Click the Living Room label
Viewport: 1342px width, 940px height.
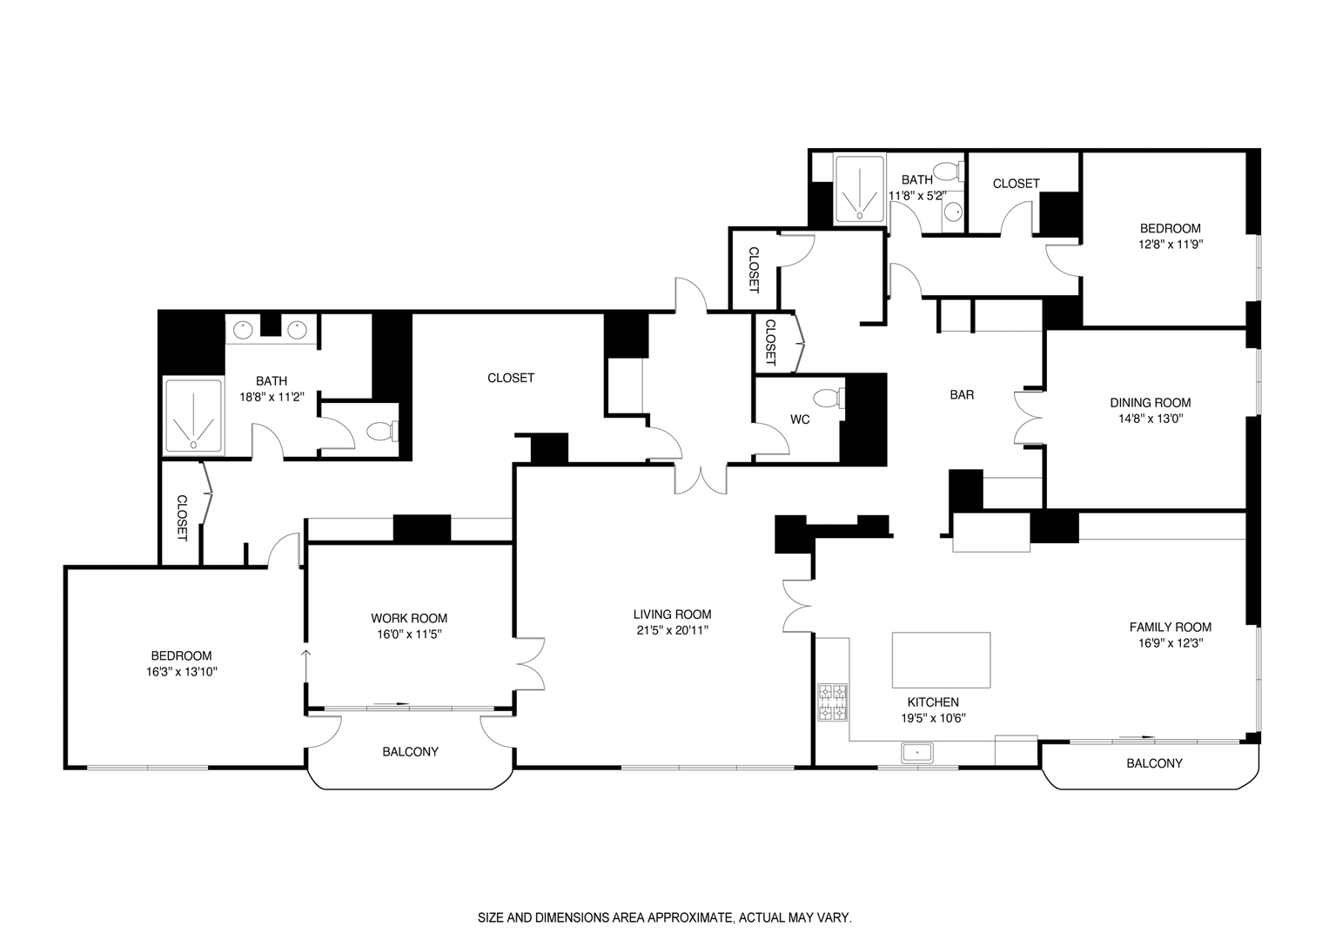(x=672, y=614)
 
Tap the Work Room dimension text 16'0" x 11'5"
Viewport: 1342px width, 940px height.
(x=408, y=634)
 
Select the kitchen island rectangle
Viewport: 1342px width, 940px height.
(x=941, y=660)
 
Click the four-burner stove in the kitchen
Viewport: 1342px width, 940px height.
(x=832, y=702)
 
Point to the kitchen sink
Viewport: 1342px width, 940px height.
(x=916, y=751)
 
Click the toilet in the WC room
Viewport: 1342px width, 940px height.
(x=827, y=399)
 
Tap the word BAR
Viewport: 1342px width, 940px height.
(x=961, y=395)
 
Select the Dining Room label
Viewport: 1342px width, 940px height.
(x=1150, y=402)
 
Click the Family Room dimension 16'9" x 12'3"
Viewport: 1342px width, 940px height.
(x=1170, y=643)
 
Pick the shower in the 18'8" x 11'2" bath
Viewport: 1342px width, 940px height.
(x=193, y=416)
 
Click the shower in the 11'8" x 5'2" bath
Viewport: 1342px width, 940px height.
(x=860, y=188)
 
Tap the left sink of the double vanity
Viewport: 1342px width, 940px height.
(x=245, y=329)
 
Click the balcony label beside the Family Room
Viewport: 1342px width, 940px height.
(x=1154, y=763)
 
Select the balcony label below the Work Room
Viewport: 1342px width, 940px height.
(x=410, y=751)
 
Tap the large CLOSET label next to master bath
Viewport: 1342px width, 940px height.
(x=511, y=378)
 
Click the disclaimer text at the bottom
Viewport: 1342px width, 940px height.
(x=664, y=917)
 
